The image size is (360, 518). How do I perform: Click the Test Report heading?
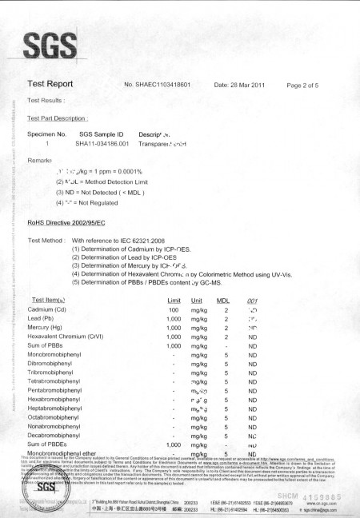click(55, 84)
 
